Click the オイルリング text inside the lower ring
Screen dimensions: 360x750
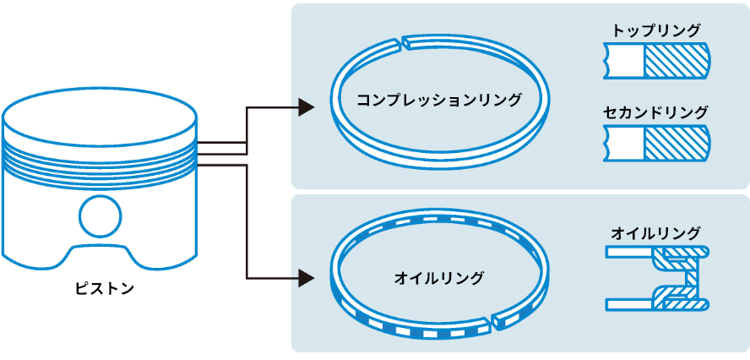tap(439, 277)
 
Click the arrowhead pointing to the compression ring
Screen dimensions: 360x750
tap(307, 107)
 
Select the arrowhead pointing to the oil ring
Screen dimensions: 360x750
tap(307, 276)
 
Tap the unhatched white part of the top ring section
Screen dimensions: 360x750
tap(626, 60)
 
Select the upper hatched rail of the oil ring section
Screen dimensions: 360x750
tap(684, 252)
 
